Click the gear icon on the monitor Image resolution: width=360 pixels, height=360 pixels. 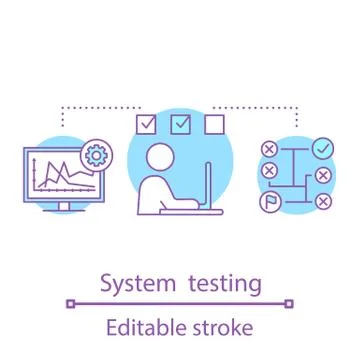click(x=97, y=155)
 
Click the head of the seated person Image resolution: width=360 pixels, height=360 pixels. click(x=159, y=157)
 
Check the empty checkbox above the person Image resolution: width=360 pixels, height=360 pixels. click(x=214, y=125)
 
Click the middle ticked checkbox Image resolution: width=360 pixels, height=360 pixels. click(x=181, y=125)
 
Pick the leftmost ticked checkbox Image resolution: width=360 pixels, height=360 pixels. click(x=146, y=125)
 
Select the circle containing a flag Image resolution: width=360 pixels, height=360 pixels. click(x=268, y=201)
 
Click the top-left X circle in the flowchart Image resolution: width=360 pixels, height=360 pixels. click(x=268, y=150)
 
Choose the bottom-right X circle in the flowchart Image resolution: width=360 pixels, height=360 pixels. click(x=322, y=202)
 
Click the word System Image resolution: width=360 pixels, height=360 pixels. click(x=140, y=284)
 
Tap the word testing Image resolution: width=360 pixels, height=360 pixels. click(x=225, y=284)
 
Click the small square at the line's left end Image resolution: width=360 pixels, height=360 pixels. click(x=69, y=303)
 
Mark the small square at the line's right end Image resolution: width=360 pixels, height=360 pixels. click(x=290, y=303)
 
